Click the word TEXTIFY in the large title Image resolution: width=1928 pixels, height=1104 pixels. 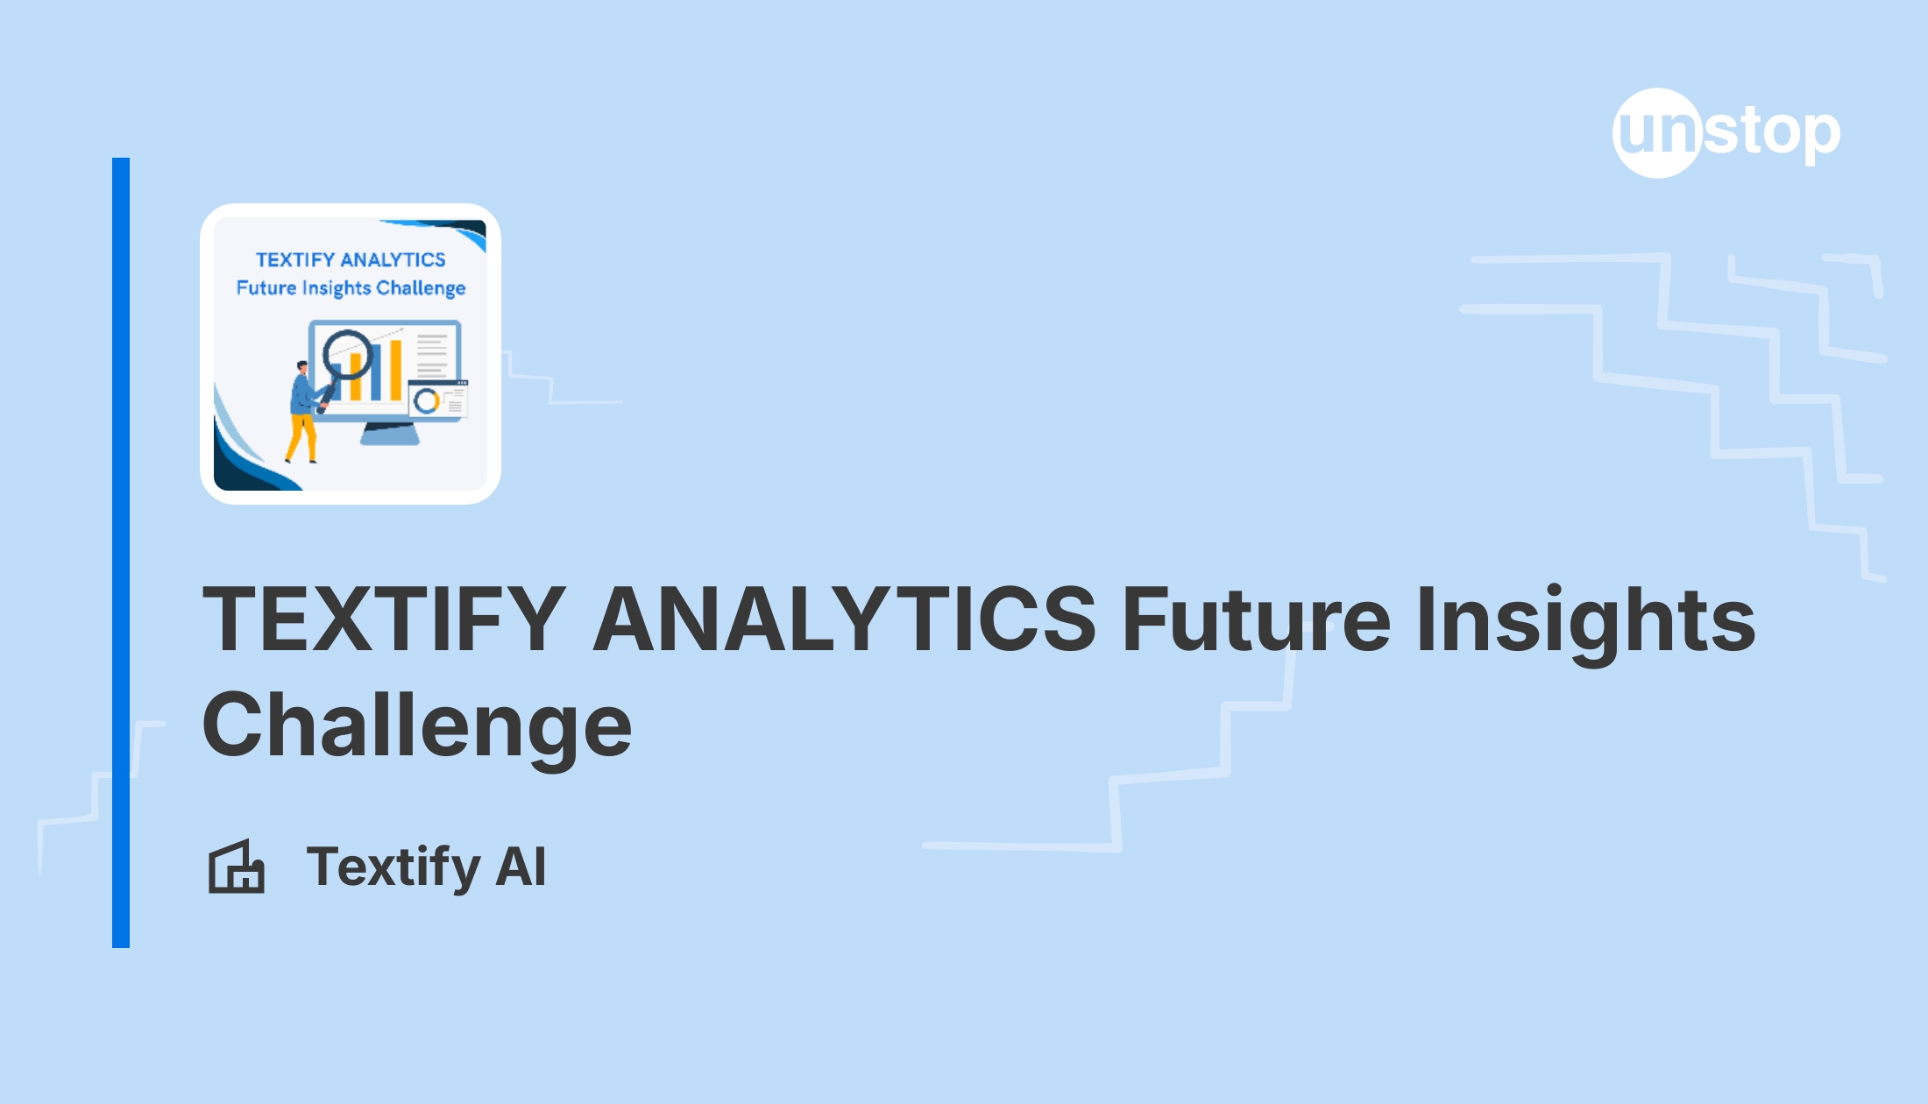(x=384, y=619)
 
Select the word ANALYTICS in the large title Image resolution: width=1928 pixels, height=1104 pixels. (x=844, y=619)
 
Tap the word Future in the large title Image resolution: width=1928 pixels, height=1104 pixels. (x=1255, y=619)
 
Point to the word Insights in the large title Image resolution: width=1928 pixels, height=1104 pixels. (x=1585, y=620)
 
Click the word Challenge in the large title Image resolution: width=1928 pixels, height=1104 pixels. (x=416, y=725)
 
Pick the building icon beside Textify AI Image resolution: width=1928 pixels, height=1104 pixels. (x=236, y=867)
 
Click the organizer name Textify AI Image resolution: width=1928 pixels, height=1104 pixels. (x=426, y=867)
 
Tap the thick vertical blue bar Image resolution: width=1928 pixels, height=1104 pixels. (x=121, y=552)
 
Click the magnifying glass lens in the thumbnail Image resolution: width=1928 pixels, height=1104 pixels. (x=347, y=353)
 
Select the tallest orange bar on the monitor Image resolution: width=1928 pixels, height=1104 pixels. (x=395, y=370)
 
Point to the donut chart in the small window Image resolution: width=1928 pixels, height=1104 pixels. (x=427, y=401)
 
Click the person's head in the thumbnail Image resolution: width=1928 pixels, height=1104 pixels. (x=302, y=367)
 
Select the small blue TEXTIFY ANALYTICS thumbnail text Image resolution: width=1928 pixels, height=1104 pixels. (x=351, y=259)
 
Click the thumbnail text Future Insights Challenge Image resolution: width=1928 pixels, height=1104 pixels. (x=351, y=288)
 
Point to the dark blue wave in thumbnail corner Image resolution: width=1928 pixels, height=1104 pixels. (x=245, y=469)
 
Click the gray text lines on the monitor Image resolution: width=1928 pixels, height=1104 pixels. (x=432, y=356)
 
